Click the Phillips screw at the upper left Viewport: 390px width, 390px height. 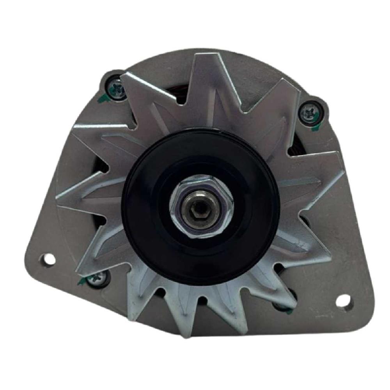click(116, 89)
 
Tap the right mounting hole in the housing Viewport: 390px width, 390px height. click(344, 300)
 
